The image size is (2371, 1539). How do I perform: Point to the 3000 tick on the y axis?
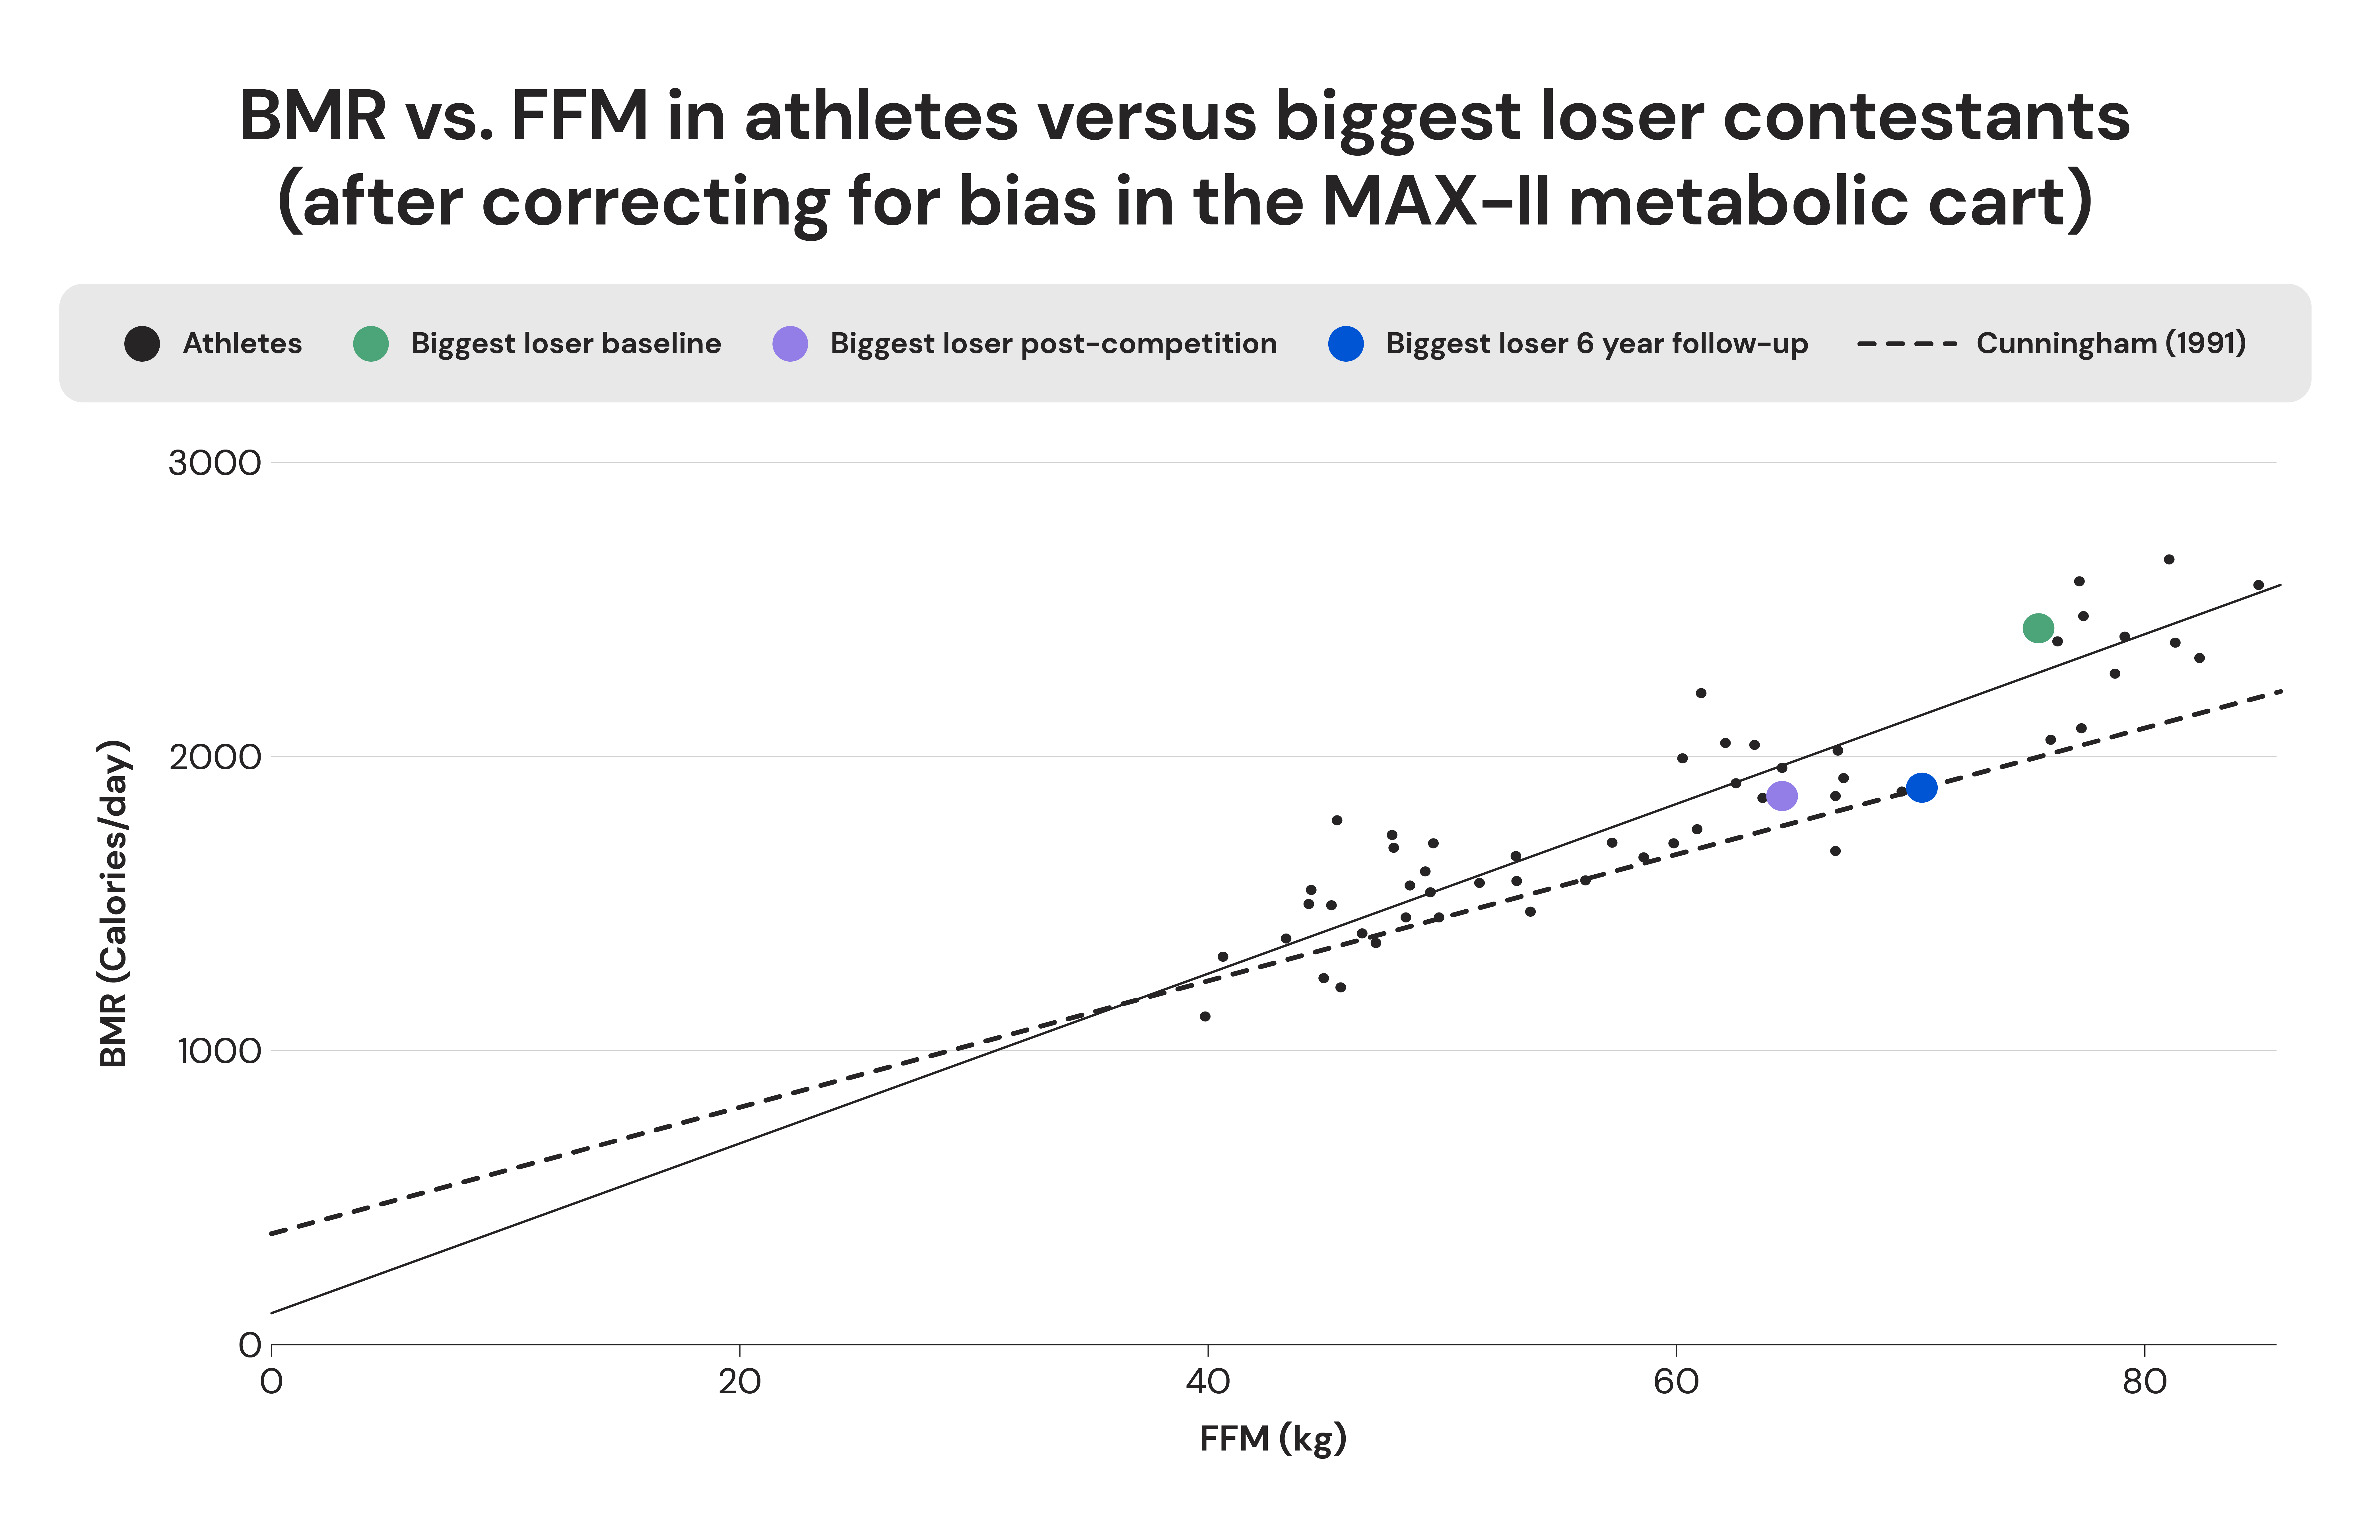pyautogui.click(x=214, y=463)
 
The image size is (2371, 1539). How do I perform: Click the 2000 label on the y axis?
pyautogui.click(x=214, y=757)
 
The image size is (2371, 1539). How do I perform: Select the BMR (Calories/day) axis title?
pyautogui.click(x=115, y=903)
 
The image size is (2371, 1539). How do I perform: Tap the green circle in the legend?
pyautogui.click(x=371, y=344)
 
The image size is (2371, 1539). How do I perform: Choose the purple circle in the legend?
pyautogui.click(x=790, y=344)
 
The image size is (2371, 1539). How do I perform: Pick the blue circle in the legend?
pyautogui.click(x=1346, y=344)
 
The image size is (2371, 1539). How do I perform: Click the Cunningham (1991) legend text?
pyautogui.click(x=2110, y=344)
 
